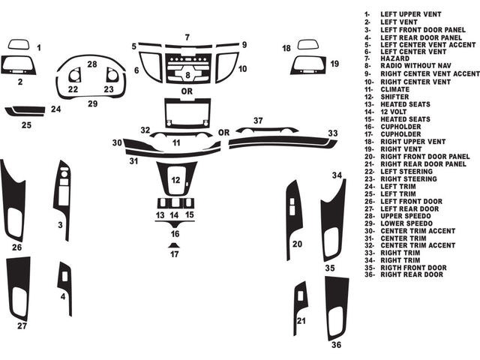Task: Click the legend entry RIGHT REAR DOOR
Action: tap(410, 274)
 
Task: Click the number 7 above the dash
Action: tap(187, 37)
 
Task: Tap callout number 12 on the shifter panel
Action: tap(175, 180)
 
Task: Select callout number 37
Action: tap(258, 121)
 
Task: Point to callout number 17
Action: tap(174, 254)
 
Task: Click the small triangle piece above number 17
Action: tap(174, 244)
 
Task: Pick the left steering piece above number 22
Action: tap(74, 76)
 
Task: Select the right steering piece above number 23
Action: tap(111, 75)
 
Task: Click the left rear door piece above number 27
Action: tap(18, 289)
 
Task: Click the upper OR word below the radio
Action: tap(185, 91)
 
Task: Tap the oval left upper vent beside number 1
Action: tap(18, 44)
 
